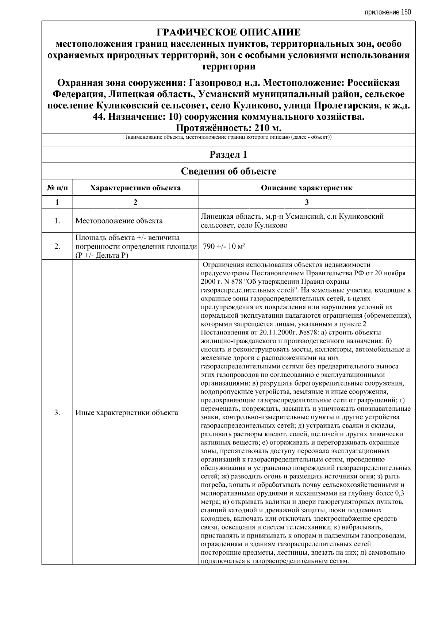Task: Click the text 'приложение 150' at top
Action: [388, 12]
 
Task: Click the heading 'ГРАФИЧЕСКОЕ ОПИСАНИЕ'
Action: [228, 32]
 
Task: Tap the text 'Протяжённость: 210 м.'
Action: [228, 129]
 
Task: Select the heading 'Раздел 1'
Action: [228, 154]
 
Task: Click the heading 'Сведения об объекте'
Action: [228, 171]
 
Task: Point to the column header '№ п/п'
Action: [57, 188]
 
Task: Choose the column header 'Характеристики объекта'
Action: [135, 188]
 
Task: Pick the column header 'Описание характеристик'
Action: [307, 188]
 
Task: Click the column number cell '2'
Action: [135, 202]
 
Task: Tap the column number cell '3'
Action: [307, 202]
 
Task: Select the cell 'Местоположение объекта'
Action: [119, 221]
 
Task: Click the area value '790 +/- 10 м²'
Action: [224, 246]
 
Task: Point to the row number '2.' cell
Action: [57, 246]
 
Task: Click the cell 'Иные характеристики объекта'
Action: [127, 413]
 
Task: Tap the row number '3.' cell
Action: [57, 413]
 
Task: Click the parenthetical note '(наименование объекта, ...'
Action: [228, 137]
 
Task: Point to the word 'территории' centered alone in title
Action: [228, 66]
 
